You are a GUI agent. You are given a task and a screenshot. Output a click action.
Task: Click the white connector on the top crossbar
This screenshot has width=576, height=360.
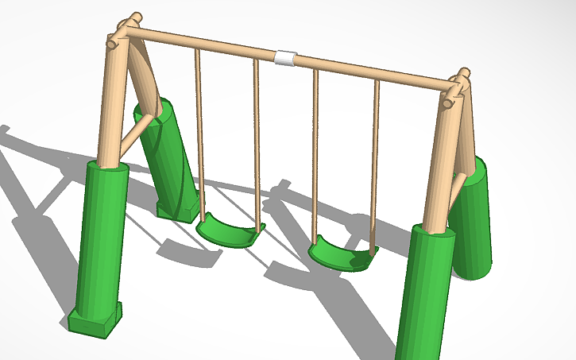click(284, 58)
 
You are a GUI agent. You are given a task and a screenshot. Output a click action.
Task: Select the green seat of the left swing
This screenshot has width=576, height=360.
click(229, 231)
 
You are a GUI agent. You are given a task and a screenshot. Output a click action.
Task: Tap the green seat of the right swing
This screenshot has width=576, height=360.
click(342, 255)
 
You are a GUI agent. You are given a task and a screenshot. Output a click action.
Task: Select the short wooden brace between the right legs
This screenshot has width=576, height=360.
click(456, 186)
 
